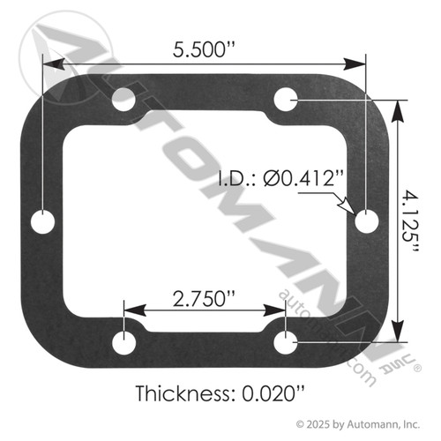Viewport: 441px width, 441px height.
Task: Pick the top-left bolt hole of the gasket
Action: [x=123, y=99]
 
